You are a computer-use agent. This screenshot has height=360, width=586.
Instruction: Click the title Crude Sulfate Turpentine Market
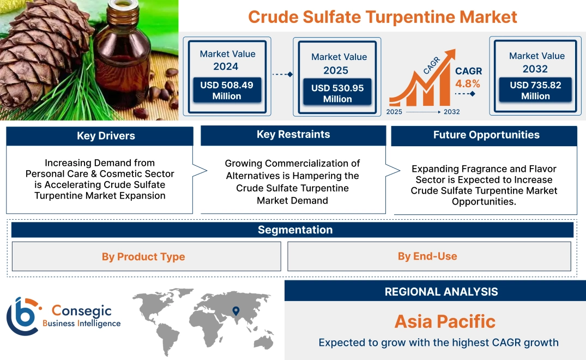[x=382, y=16]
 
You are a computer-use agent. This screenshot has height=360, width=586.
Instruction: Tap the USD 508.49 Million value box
[x=226, y=91]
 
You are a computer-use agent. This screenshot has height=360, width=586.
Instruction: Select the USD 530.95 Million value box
[x=337, y=93]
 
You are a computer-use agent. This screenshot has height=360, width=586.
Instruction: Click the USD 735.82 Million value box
[x=535, y=91]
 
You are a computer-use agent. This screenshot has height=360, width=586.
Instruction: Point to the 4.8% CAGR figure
[x=468, y=83]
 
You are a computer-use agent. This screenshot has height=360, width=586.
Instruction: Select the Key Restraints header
[x=293, y=135]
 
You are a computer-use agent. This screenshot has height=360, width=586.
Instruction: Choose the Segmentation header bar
[x=295, y=230]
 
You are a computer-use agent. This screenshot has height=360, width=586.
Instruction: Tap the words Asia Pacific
[x=445, y=321]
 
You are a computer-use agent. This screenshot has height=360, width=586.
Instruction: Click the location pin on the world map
[x=235, y=311]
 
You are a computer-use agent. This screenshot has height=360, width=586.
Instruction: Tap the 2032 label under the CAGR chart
[x=451, y=112]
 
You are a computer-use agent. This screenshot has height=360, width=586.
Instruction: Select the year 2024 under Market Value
[x=226, y=67]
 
